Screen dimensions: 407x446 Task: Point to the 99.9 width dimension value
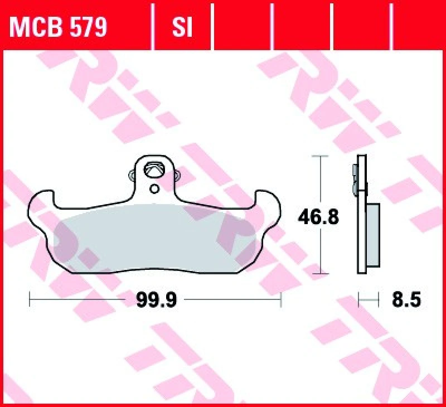157,301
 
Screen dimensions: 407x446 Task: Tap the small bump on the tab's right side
177,176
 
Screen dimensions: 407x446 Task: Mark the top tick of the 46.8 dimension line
319,157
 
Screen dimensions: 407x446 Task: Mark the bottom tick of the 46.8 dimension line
319,274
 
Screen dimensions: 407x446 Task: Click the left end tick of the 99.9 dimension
30,301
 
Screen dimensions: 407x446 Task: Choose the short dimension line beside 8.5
365,301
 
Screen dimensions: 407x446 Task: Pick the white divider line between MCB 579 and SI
153,25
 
